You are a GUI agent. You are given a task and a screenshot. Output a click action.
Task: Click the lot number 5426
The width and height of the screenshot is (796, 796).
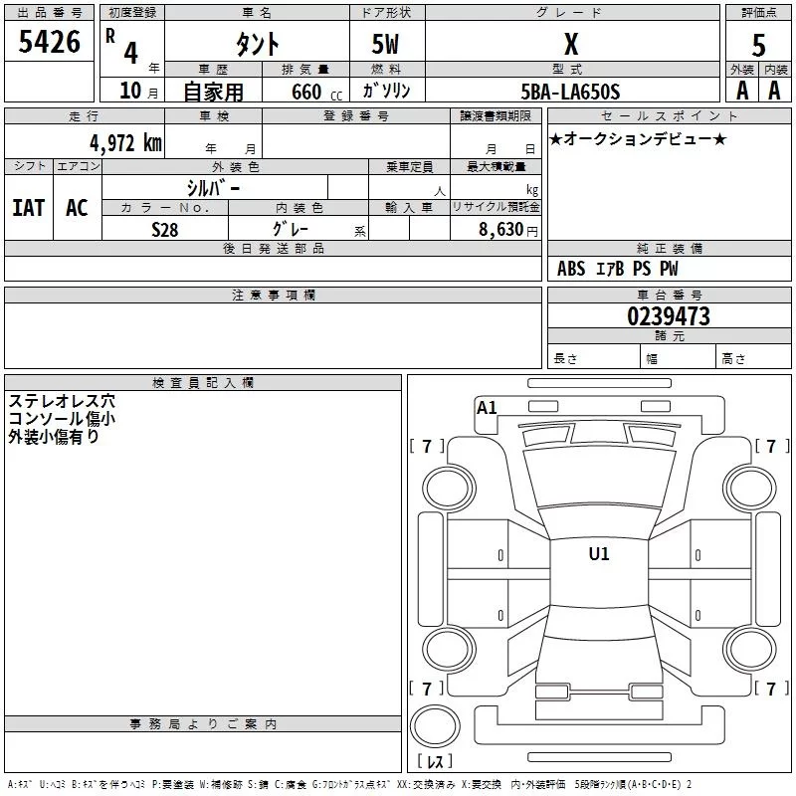pyautogui.click(x=49, y=43)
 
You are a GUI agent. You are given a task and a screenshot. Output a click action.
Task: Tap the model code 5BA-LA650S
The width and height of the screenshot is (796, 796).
pyautogui.click(x=571, y=92)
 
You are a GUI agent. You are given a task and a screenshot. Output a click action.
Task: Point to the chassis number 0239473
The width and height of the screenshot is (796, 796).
pyautogui.click(x=668, y=316)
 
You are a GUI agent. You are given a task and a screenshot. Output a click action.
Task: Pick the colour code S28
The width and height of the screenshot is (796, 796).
pyautogui.click(x=164, y=228)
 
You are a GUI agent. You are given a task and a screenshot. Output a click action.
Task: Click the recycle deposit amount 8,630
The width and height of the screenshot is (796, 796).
pyautogui.click(x=501, y=228)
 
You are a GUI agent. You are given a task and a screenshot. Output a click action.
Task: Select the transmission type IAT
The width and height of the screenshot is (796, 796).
pyautogui.click(x=29, y=207)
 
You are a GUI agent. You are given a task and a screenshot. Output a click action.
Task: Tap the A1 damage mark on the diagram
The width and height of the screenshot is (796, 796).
pyautogui.click(x=487, y=407)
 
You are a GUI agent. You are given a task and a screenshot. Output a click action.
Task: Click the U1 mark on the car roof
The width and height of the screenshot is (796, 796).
pyautogui.click(x=598, y=554)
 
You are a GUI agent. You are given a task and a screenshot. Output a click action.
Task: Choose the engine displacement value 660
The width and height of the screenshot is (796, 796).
pyautogui.click(x=305, y=92)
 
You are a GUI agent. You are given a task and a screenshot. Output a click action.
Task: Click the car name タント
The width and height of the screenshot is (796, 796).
pyautogui.click(x=256, y=44)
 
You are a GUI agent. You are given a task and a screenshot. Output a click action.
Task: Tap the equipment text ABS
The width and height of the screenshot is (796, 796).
pyautogui.click(x=571, y=269)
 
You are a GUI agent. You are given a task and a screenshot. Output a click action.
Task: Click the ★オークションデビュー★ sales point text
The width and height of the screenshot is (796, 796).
pyautogui.click(x=637, y=138)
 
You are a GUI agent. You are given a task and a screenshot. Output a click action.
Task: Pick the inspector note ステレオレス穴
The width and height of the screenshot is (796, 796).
pyautogui.click(x=62, y=402)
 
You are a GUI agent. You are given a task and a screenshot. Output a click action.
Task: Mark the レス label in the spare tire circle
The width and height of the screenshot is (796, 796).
pyautogui.click(x=435, y=762)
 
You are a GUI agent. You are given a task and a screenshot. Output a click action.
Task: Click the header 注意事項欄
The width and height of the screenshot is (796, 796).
pyautogui.click(x=273, y=296)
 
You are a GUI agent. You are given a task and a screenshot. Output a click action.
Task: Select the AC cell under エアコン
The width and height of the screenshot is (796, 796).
pyautogui.click(x=77, y=207)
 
